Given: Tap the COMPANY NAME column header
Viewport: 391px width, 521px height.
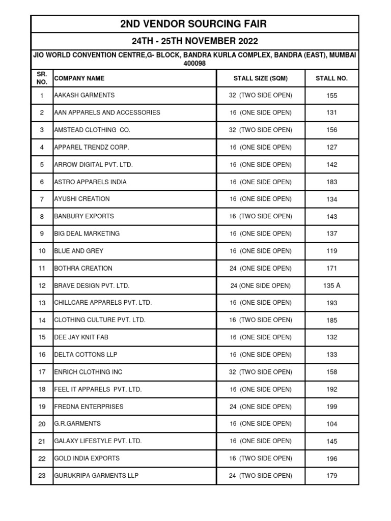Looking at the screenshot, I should pyautogui.click(x=79, y=78).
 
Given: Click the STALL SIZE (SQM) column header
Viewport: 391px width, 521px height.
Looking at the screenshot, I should pyautogui.click(x=261, y=78).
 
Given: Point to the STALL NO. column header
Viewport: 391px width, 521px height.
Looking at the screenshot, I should pyautogui.click(x=331, y=78).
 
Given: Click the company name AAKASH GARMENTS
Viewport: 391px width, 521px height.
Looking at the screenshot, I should pyautogui.click(x=85, y=95).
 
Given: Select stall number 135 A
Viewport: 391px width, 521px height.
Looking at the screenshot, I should pyautogui.click(x=331, y=285).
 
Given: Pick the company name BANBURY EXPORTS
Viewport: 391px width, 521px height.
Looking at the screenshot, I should pyautogui.click(x=84, y=216).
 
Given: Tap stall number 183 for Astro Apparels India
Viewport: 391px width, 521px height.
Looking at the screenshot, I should pyautogui.click(x=331, y=182).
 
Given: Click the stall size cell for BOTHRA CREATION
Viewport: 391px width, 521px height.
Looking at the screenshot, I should pyautogui.click(x=261, y=268).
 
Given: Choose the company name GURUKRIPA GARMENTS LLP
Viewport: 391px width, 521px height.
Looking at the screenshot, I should pyautogui.click(x=96, y=476).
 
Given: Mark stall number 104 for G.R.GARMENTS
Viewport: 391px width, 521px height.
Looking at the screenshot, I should pyautogui.click(x=331, y=424).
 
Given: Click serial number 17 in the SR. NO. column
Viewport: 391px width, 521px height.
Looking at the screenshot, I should pyautogui.click(x=42, y=372).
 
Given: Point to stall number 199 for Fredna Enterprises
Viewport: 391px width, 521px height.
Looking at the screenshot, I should pyautogui.click(x=331, y=407).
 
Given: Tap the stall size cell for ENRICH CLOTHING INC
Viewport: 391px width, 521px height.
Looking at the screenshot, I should pyautogui.click(x=261, y=372).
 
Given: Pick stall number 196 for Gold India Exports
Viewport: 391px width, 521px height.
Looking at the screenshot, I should pyautogui.click(x=331, y=459).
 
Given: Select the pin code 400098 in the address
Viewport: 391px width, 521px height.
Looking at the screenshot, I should pyautogui.click(x=194, y=64).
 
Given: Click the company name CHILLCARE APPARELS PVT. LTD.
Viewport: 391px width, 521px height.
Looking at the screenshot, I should pyautogui.click(x=103, y=303).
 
